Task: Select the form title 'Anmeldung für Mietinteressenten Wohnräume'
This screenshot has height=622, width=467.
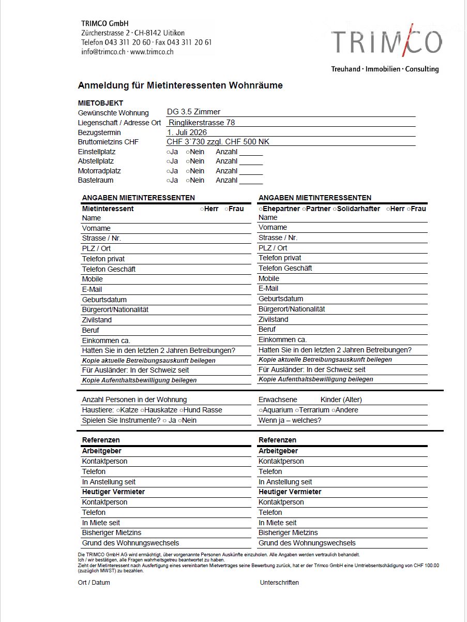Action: (180, 85)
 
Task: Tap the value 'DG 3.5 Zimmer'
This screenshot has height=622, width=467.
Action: (193, 112)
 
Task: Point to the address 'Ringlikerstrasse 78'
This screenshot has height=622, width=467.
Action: (202, 123)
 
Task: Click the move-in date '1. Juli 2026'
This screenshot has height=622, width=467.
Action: (187, 132)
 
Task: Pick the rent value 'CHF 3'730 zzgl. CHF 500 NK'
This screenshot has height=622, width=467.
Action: (218, 142)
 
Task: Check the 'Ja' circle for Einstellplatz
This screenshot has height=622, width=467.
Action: (168, 152)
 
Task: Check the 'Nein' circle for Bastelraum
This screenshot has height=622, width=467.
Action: (188, 181)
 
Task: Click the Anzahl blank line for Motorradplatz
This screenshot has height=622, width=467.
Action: (251, 171)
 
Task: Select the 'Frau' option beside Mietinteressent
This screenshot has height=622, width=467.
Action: (227, 209)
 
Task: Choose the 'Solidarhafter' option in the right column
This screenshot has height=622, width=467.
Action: (334, 209)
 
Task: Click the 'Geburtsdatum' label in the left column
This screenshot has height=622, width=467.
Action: (104, 300)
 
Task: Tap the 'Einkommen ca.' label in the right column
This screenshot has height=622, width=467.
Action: (282, 339)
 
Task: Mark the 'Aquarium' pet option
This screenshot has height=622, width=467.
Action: (261, 410)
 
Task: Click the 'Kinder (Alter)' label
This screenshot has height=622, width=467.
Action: (341, 399)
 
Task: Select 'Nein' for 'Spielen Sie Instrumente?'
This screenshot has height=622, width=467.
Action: (180, 421)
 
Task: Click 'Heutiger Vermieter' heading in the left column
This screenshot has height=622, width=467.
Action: (113, 492)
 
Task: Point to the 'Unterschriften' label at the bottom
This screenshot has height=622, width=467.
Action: (279, 583)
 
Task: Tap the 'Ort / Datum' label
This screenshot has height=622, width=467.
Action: (94, 583)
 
